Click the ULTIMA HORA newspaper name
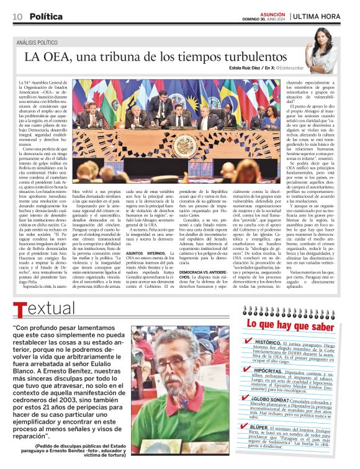tap(317, 16)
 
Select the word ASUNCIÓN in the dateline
tap(272, 13)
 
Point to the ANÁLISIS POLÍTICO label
tap(42, 42)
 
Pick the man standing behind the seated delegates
tap(156, 104)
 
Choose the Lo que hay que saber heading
tap(287, 324)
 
